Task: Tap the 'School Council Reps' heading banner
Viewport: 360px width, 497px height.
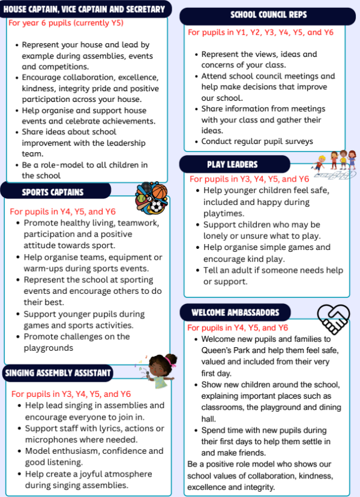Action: [x=267, y=16]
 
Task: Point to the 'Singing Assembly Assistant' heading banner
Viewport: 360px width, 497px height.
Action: [x=58, y=373]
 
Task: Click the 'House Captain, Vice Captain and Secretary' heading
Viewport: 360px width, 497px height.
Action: [x=84, y=10]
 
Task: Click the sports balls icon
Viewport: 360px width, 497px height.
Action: [x=151, y=197]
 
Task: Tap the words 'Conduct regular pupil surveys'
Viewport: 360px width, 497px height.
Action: [x=257, y=141]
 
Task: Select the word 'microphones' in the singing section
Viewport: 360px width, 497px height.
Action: [x=50, y=439]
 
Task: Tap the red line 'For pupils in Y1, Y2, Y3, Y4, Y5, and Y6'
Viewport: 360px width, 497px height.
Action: [x=260, y=32]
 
